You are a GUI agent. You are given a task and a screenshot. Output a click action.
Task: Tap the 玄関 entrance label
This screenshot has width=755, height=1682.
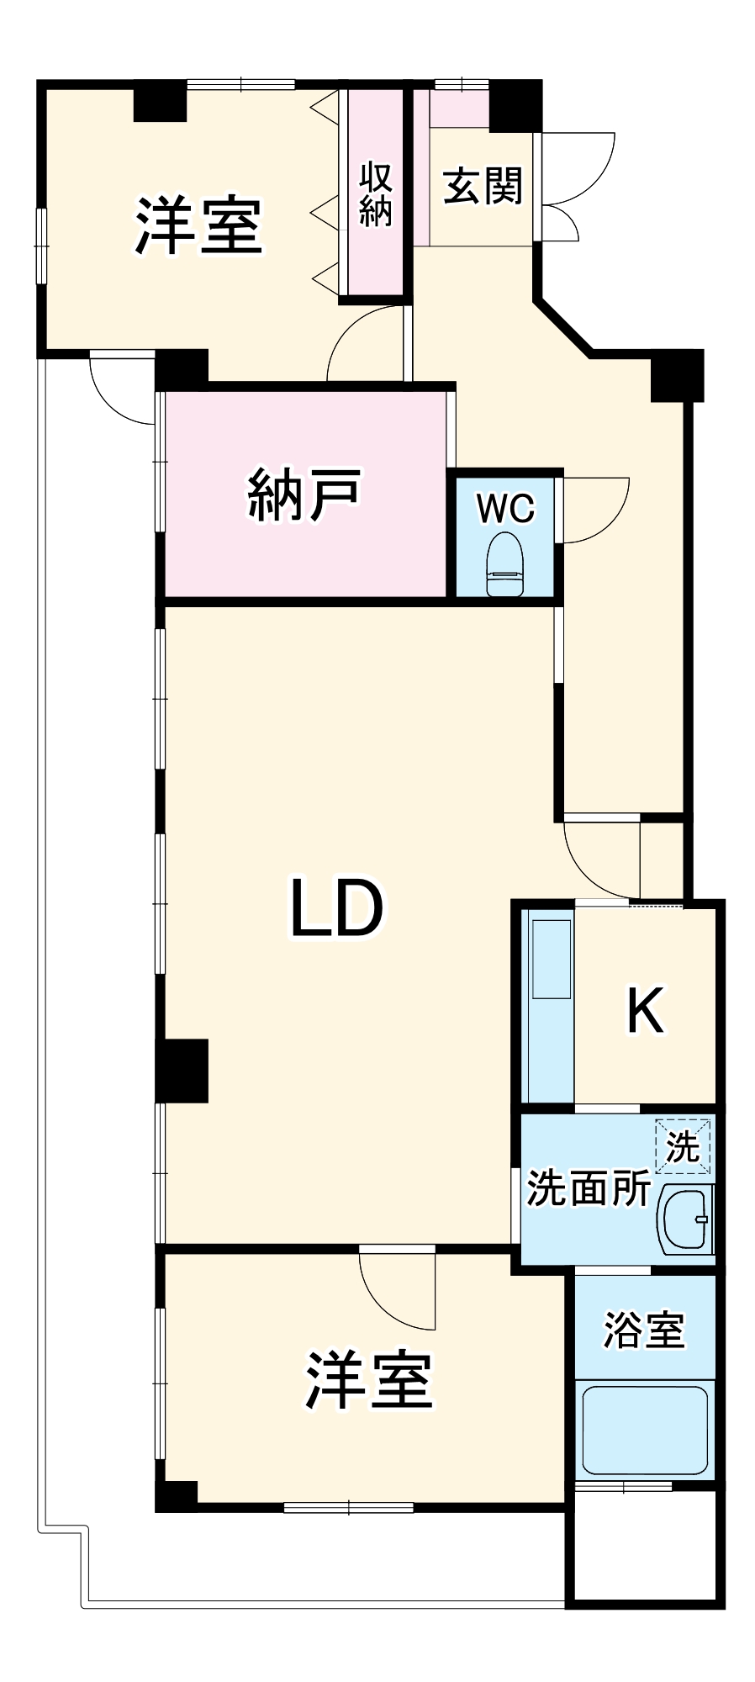click(483, 185)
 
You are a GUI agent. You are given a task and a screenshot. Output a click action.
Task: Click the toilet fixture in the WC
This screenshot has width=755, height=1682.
click(504, 563)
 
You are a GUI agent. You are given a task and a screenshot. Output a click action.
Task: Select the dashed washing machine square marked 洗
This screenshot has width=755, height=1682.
click(683, 1145)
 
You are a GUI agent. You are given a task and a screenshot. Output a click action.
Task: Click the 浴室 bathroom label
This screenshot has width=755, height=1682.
click(644, 1330)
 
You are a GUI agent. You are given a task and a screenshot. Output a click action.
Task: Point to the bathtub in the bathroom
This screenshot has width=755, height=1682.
click(644, 1430)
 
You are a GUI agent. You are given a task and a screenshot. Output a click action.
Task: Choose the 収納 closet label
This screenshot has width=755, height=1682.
click(376, 195)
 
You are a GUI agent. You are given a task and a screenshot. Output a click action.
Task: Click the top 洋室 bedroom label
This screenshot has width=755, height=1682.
click(199, 225)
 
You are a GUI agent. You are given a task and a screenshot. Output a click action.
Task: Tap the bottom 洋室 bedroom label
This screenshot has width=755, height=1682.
click(368, 1380)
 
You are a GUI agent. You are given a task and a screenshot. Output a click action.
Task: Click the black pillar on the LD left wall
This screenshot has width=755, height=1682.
click(182, 1070)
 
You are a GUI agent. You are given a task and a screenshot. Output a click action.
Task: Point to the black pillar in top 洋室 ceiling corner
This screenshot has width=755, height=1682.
click(160, 102)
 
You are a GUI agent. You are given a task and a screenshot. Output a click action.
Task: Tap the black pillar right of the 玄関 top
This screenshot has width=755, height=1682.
click(515, 106)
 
